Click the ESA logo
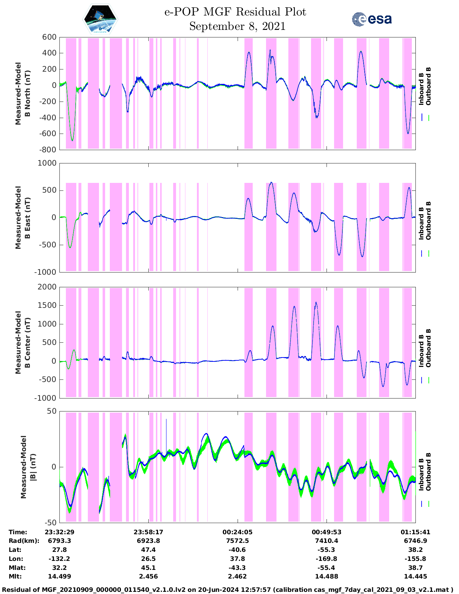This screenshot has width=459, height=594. pos(372,19)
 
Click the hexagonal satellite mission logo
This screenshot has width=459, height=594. pos(100,19)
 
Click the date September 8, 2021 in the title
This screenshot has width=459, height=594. pos(237,26)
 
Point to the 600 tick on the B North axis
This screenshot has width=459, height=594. pos(49,37)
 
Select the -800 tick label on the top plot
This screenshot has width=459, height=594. pos(48,150)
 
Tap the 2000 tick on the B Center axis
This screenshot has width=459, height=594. pos(47,287)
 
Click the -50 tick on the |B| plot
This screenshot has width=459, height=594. pos(50,522)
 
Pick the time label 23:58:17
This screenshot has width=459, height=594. pos(148,532)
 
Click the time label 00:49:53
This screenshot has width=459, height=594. pos(327,532)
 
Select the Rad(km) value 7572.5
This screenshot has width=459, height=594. pos(237,541)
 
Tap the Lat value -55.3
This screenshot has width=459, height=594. pos(327,550)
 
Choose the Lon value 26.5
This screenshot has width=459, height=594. pos(148,559)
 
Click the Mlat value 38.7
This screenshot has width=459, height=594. pos(415,568)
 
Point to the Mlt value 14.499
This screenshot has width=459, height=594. pos(59,576)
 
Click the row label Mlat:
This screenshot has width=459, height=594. pos(17,568)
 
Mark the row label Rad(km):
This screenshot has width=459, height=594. pos(24,541)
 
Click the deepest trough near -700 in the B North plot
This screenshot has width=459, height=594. pos(72,140)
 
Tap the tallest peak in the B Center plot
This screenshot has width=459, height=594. pos(316,302)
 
